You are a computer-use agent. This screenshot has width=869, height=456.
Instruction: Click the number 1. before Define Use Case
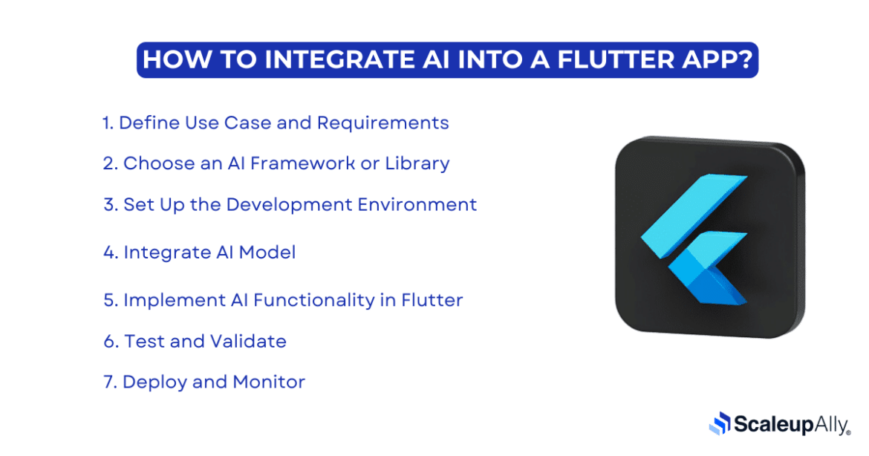108,123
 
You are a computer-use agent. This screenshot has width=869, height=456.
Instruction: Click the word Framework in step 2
302,163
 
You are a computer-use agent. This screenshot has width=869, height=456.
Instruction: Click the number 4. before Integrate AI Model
110,253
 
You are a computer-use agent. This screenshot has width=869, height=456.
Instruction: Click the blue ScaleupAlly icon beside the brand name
720,423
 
